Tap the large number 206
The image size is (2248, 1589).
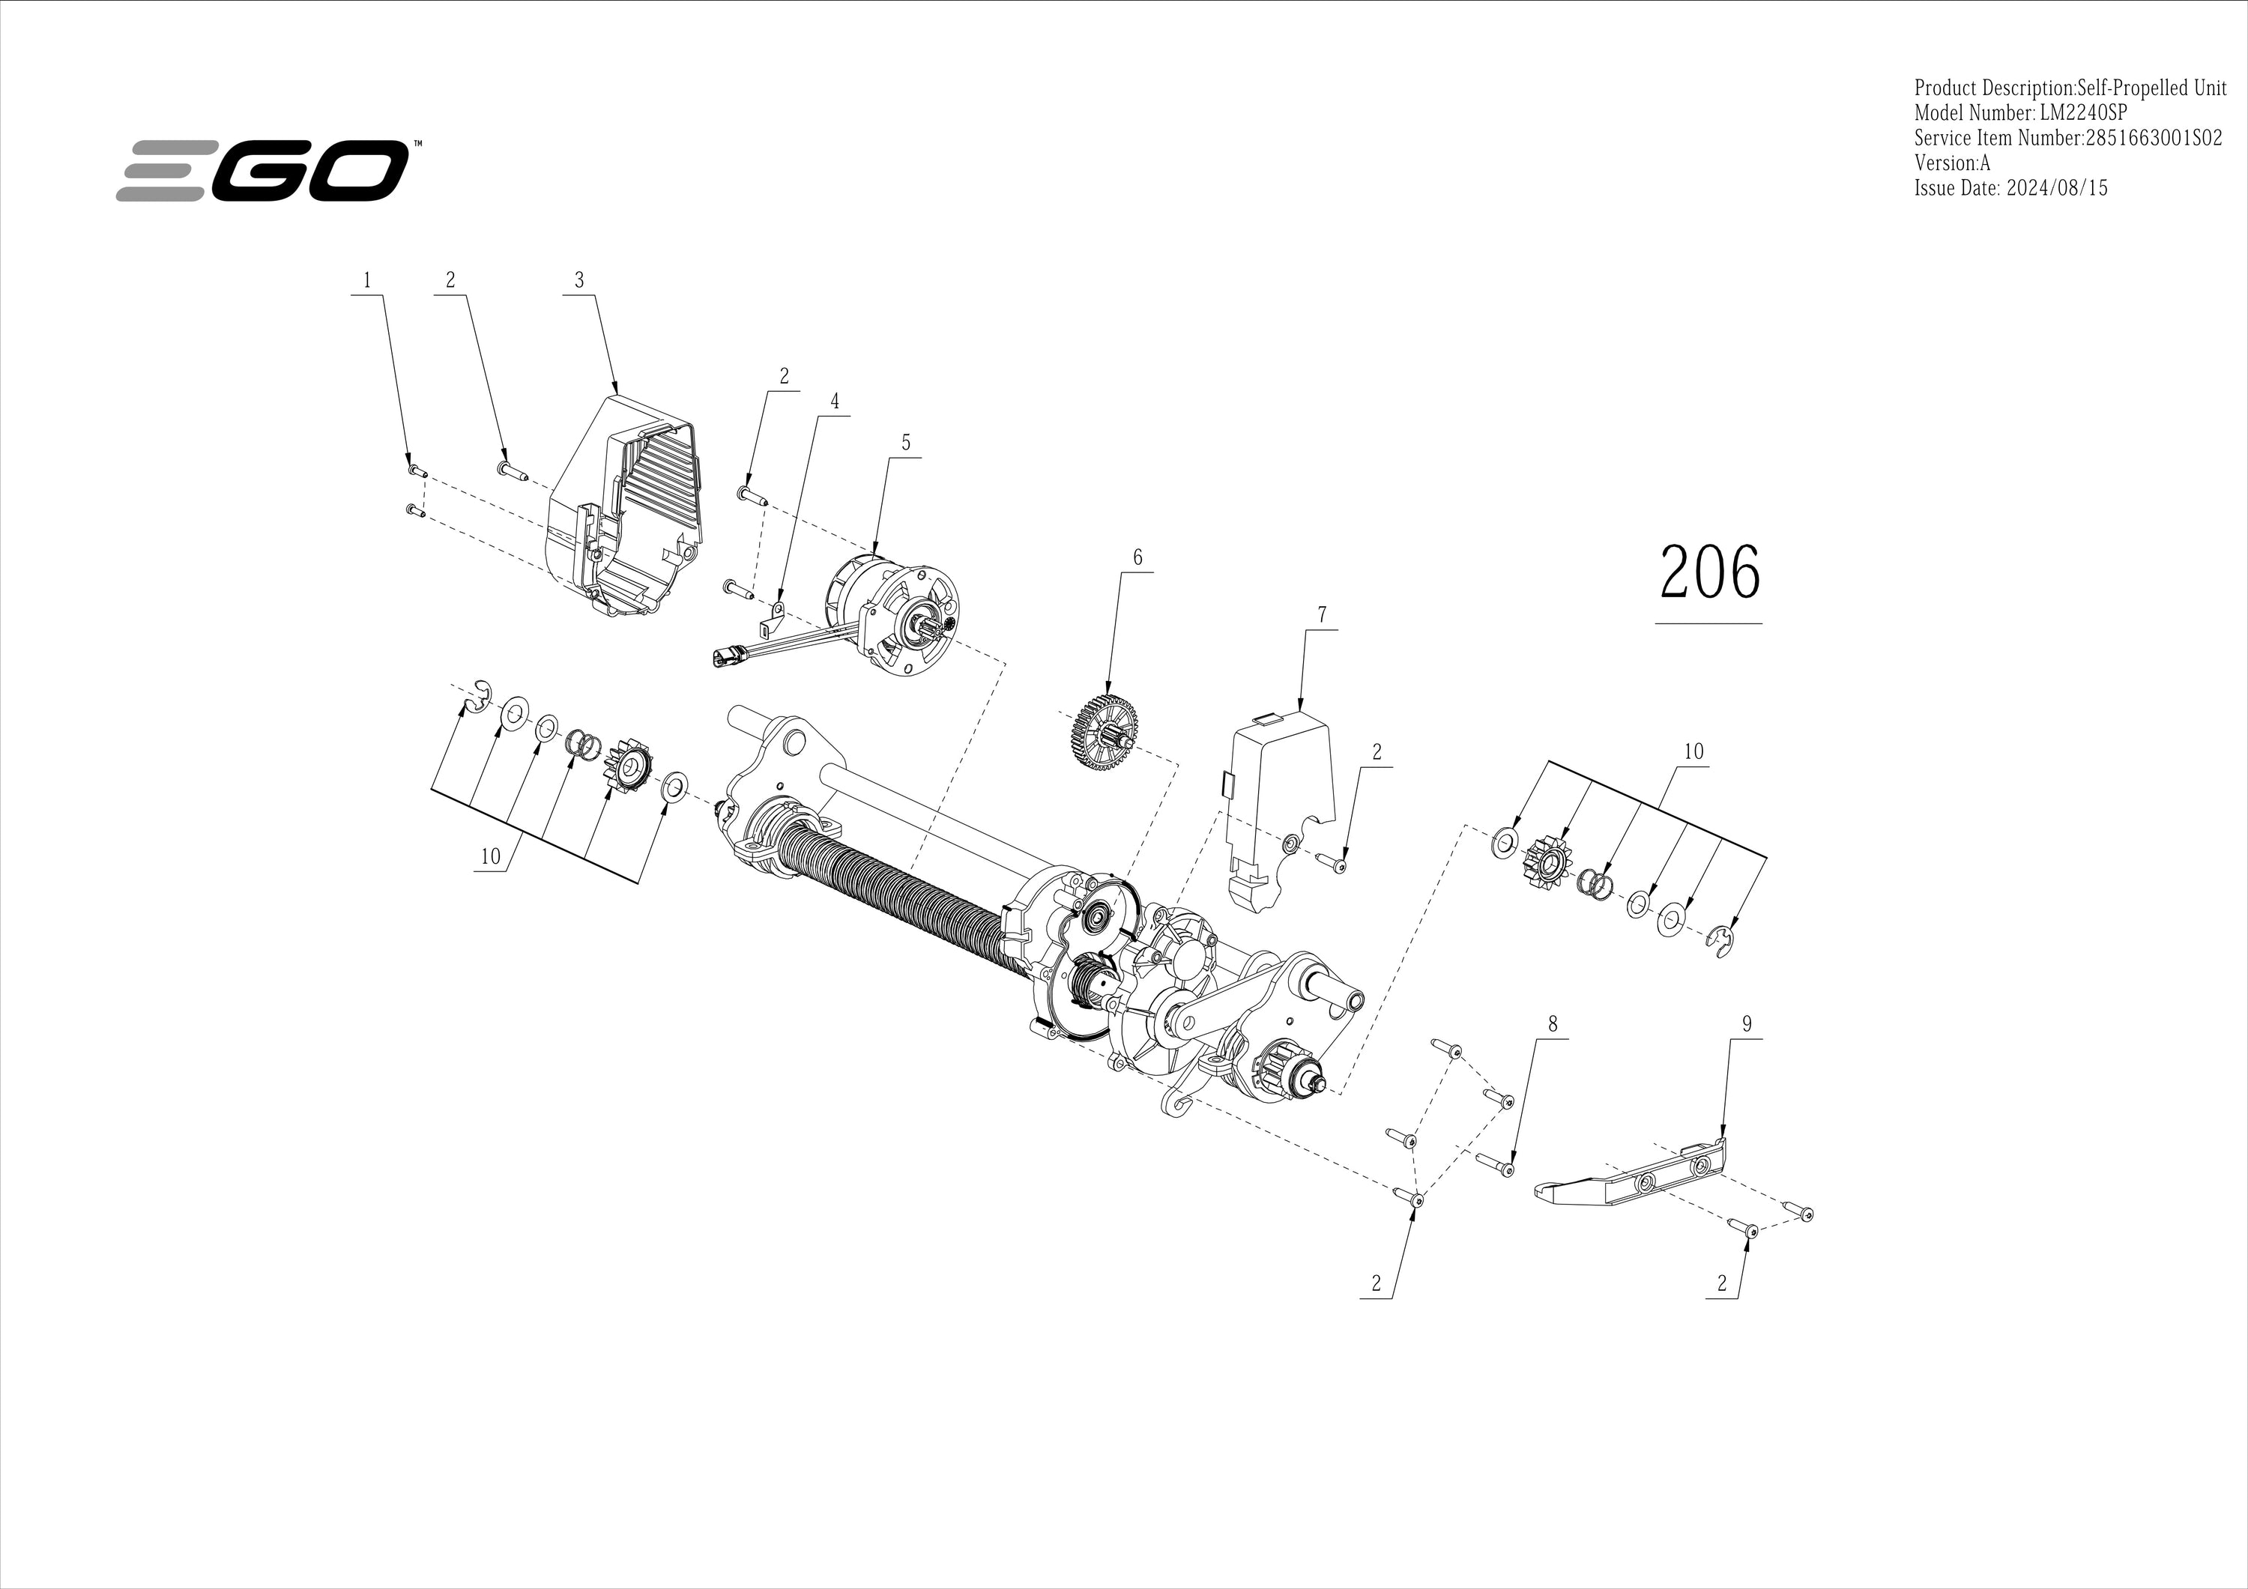(1709, 573)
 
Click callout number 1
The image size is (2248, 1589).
(367, 280)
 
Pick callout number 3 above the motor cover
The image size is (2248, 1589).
(578, 280)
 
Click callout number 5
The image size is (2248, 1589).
(906, 443)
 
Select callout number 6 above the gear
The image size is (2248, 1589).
(1137, 557)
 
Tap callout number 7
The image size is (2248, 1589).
(1322, 615)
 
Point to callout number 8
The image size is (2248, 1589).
(1552, 1024)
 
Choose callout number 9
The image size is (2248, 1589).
(1747, 1024)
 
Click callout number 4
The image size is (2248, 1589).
(834, 402)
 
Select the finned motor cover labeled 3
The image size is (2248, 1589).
(628, 505)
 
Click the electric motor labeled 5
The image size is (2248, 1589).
(891, 614)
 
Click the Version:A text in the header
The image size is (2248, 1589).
(1952, 163)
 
